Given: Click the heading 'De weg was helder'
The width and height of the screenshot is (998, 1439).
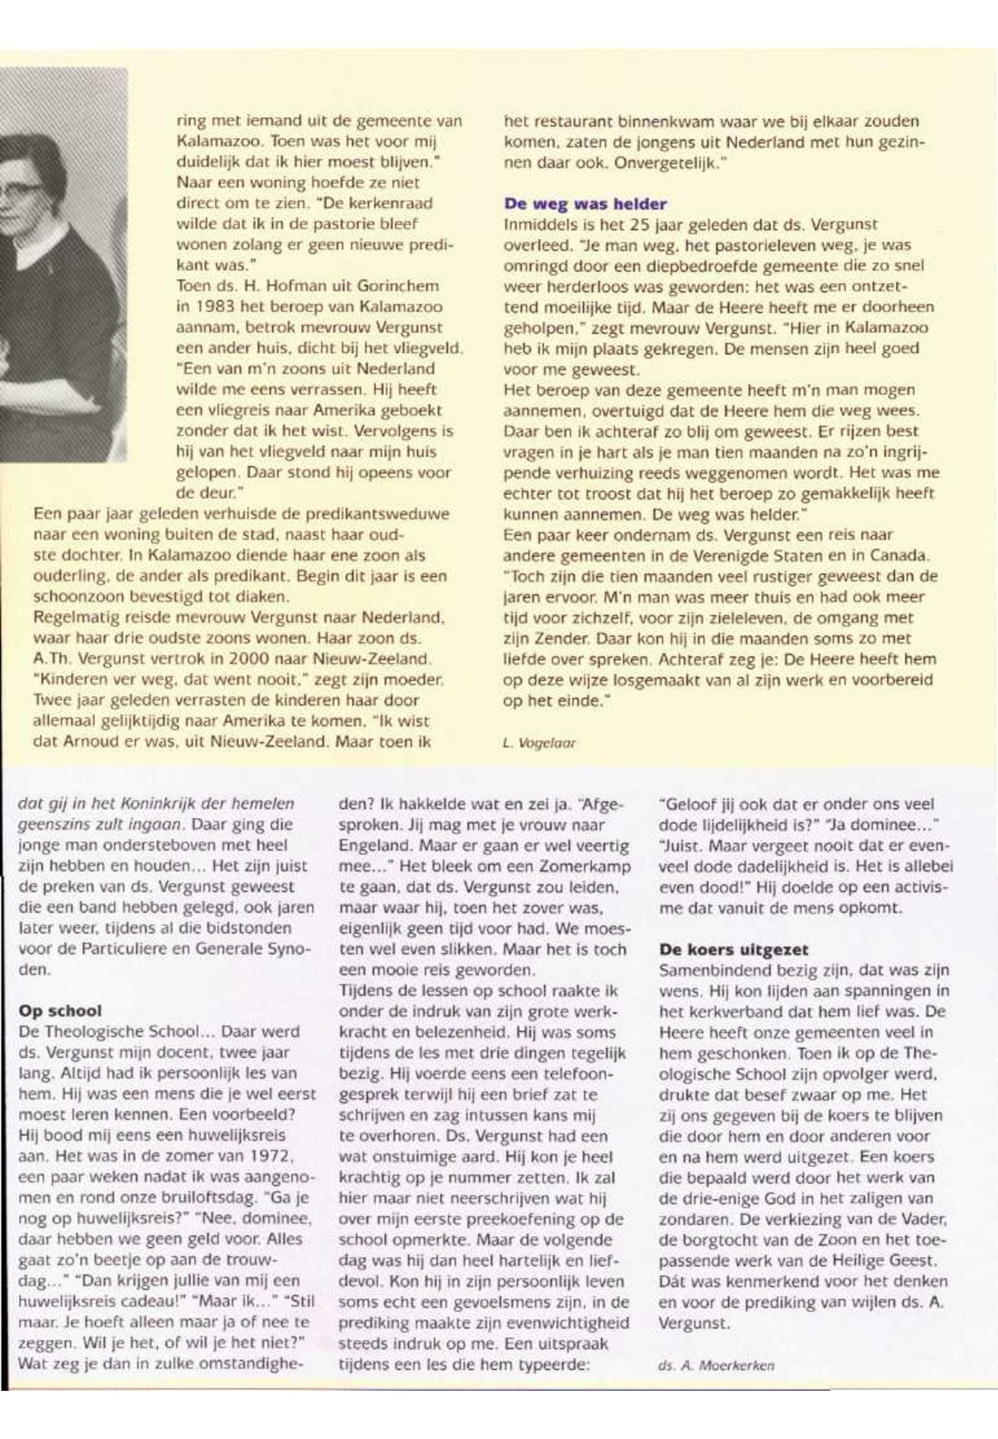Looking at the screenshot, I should pyautogui.click(x=585, y=204).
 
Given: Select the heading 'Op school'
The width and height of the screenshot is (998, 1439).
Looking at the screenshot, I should pyautogui.click(x=60, y=1011).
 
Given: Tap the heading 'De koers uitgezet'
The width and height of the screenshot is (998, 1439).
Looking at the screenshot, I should pyautogui.click(x=733, y=949).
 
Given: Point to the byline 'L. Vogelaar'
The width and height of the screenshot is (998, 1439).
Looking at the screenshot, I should pyautogui.click(x=539, y=743).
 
